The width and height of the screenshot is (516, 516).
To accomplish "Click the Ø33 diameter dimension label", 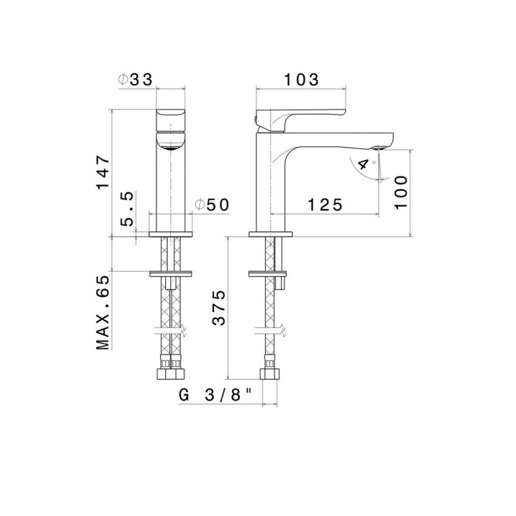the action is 135,79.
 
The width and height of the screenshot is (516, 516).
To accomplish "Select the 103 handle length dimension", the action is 301,79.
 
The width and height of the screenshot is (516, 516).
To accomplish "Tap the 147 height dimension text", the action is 103,172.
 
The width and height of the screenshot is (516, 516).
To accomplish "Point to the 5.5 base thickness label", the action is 127,208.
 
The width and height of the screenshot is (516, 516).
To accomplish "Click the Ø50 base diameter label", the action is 212,205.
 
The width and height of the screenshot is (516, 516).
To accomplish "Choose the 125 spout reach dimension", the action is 325,205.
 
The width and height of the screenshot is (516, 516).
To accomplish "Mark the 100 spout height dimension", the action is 401,192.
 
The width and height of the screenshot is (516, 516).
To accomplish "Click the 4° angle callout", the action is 366,164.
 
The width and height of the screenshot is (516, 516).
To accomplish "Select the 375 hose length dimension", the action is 219,308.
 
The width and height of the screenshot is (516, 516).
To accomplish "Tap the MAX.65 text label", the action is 103,312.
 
